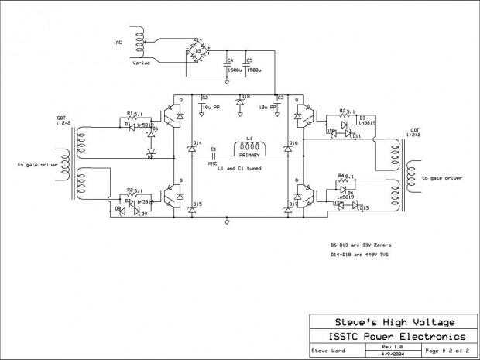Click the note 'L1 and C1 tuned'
(x=238, y=167)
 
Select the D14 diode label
(x=197, y=143)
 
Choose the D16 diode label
(x=293, y=143)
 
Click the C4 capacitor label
(x=229, y=60)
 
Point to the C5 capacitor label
(x=249, y=60)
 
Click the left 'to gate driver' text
(x=36, y=165)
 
